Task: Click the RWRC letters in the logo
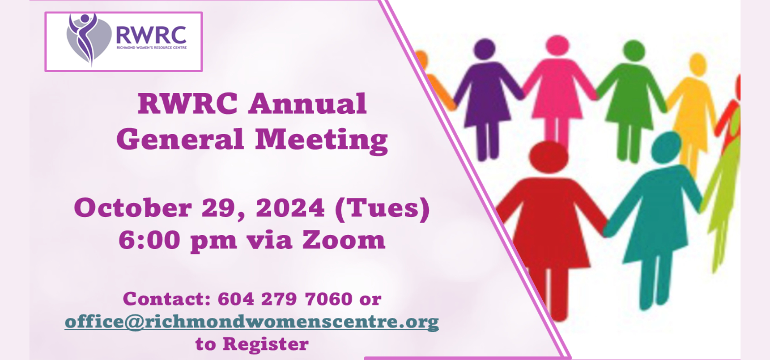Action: [151, 35]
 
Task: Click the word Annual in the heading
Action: [308, 104]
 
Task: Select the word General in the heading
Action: [180, 139]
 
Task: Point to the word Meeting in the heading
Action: [322, 140]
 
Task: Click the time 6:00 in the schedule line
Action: [149, 239]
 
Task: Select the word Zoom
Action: [344, 239]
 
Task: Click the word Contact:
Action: [167, 299]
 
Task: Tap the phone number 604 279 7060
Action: [285, 299]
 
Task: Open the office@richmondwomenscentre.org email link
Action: [252, 322]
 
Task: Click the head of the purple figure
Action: [485, 49]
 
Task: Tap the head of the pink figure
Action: [558, 46]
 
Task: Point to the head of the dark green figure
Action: [634, 51]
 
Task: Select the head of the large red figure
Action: [549, 157]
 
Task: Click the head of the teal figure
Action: [666, 147]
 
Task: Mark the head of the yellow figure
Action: [698, 65]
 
